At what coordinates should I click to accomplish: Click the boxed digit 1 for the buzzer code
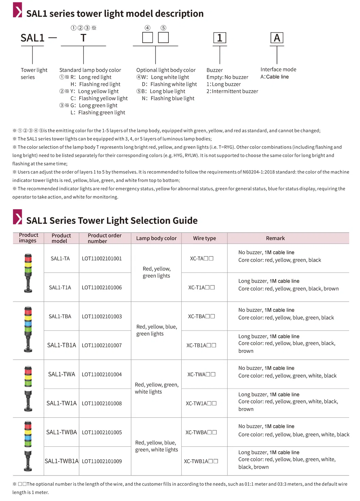click(220, 38)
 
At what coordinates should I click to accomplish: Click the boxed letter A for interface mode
click(277, 38)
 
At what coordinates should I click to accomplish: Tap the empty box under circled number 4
click(147, 38)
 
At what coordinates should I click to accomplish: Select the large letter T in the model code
click(83, 38)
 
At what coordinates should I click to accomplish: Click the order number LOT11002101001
click(102, 258)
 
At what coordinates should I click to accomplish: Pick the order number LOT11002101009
click(102, 461)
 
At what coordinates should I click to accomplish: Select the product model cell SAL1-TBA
click(60, 316)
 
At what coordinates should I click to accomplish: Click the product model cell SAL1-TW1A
click(61, 403)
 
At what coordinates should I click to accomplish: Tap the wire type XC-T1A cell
click(201, 287)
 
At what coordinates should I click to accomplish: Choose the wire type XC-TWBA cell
click(201, 432)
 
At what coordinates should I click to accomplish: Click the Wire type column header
click(204, 238)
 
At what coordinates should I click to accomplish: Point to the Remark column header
click(275, 238)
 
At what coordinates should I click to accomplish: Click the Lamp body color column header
click(156, 238)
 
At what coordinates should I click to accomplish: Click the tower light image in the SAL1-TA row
click(28, 273)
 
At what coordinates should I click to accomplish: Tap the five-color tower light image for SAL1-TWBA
click(28, 446)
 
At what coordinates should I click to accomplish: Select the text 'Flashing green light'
click(102, 112)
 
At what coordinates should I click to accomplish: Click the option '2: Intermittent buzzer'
click(232, 91)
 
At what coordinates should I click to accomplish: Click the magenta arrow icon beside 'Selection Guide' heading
click(18, 217)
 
